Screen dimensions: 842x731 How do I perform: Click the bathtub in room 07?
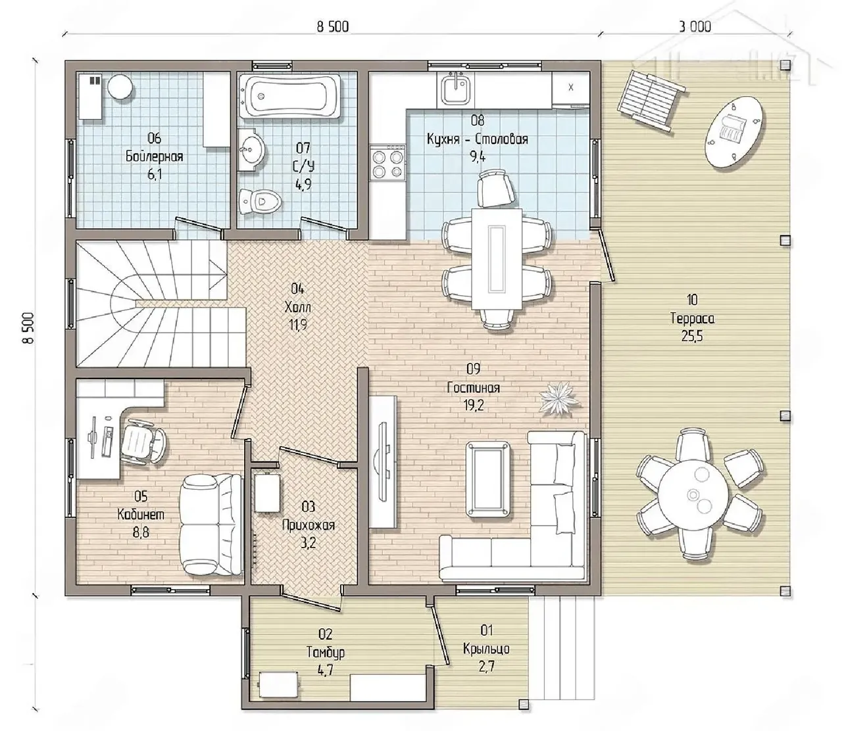(292, 96)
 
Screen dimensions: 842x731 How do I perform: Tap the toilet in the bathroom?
(260, 201)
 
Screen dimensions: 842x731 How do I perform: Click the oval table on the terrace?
(735, 131)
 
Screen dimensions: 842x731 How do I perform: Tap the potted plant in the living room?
(560, 398)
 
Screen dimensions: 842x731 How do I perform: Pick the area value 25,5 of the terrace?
(692, 336)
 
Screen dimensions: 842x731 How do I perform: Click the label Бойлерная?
(155, 156)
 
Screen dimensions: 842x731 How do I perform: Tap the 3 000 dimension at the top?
(695, 27)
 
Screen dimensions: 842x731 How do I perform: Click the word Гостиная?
(473, 387)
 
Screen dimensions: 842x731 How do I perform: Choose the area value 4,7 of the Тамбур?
(325, 682)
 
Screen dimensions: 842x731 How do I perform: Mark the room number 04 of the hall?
(297, 289)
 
